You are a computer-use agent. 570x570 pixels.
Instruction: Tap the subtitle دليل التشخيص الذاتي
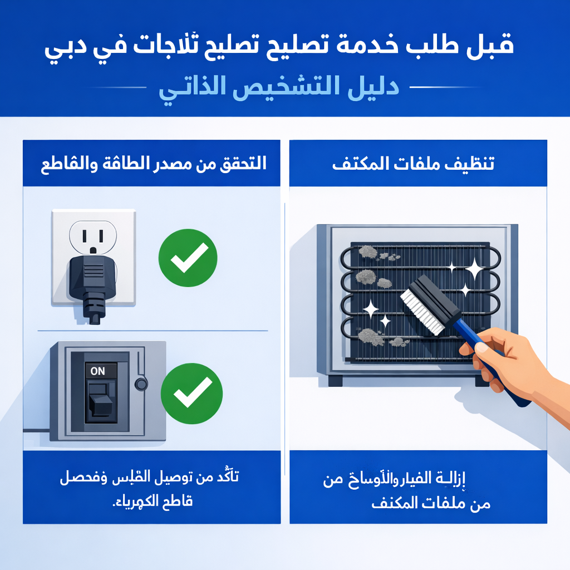coord(279,89)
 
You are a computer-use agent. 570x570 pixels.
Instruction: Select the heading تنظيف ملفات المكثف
coord(413,164)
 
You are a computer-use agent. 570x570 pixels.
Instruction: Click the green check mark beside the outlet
coord(188,257)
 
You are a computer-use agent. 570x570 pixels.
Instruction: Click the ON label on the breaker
coord(97,371)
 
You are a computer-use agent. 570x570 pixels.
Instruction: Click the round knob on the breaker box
coord(141,384)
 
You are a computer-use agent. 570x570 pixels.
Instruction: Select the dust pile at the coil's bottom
coord(370,336)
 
